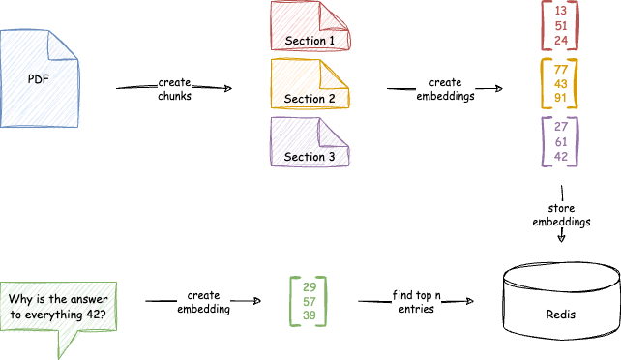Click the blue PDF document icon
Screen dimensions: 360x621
(39, 77)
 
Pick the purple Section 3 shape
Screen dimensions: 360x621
(310, 145)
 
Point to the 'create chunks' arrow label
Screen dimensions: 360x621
(175, 90)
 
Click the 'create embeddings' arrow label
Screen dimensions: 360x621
(445, 90)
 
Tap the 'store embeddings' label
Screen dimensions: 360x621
(561, 216)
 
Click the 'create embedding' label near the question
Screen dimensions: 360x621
(203, 302)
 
